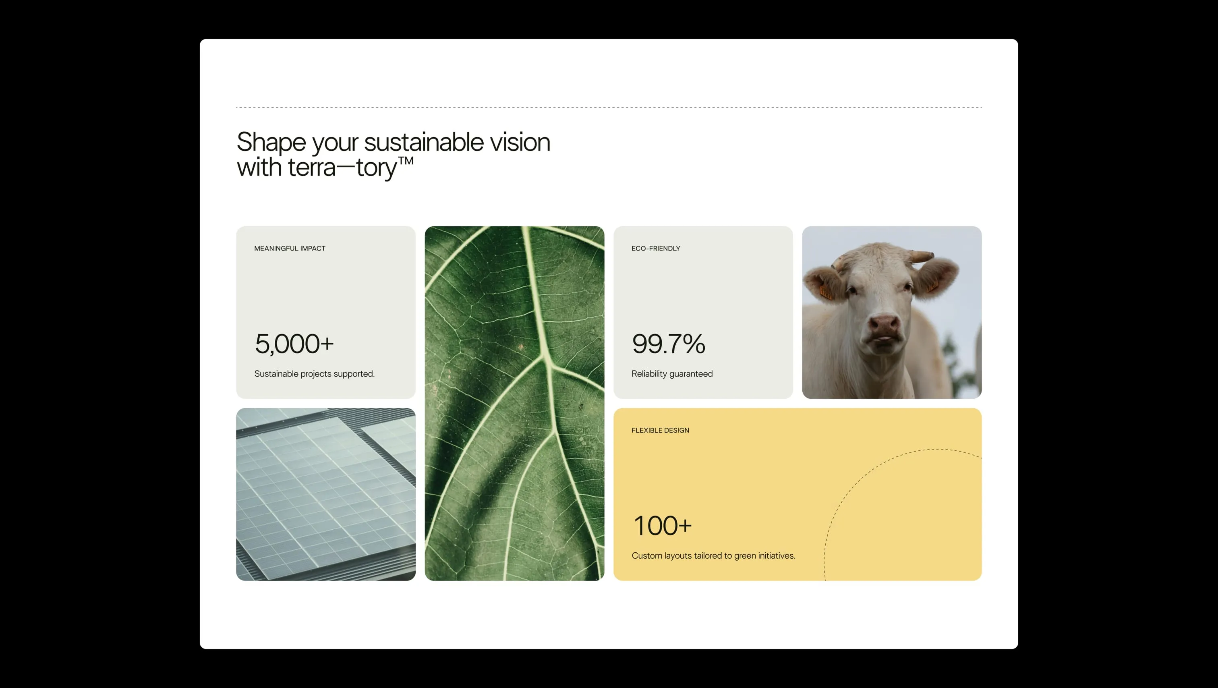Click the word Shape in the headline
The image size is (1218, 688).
(x=271, y=142)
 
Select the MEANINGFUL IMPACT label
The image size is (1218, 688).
(x=289, y=248)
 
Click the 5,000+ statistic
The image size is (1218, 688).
(x=294, y=344)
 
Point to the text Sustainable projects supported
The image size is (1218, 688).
(x=314, y=373)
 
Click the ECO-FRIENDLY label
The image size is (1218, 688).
(x=655, y=248)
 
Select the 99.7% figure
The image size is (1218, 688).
(x=668, y=344)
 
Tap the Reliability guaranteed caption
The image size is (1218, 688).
(x=671, y=373)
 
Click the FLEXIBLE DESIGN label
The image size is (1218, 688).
(x=660, y=430)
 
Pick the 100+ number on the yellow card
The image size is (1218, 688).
(x=662, y=526)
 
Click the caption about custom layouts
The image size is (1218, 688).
(x=713, y=555)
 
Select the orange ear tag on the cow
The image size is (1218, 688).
(x=825, y=291)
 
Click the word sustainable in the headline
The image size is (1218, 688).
(x=424, y=142)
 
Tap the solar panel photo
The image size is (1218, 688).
(x=325, y=494)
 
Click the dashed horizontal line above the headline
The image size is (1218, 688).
(x=609, y=107)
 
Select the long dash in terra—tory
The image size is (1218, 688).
(x=346, y=167)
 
